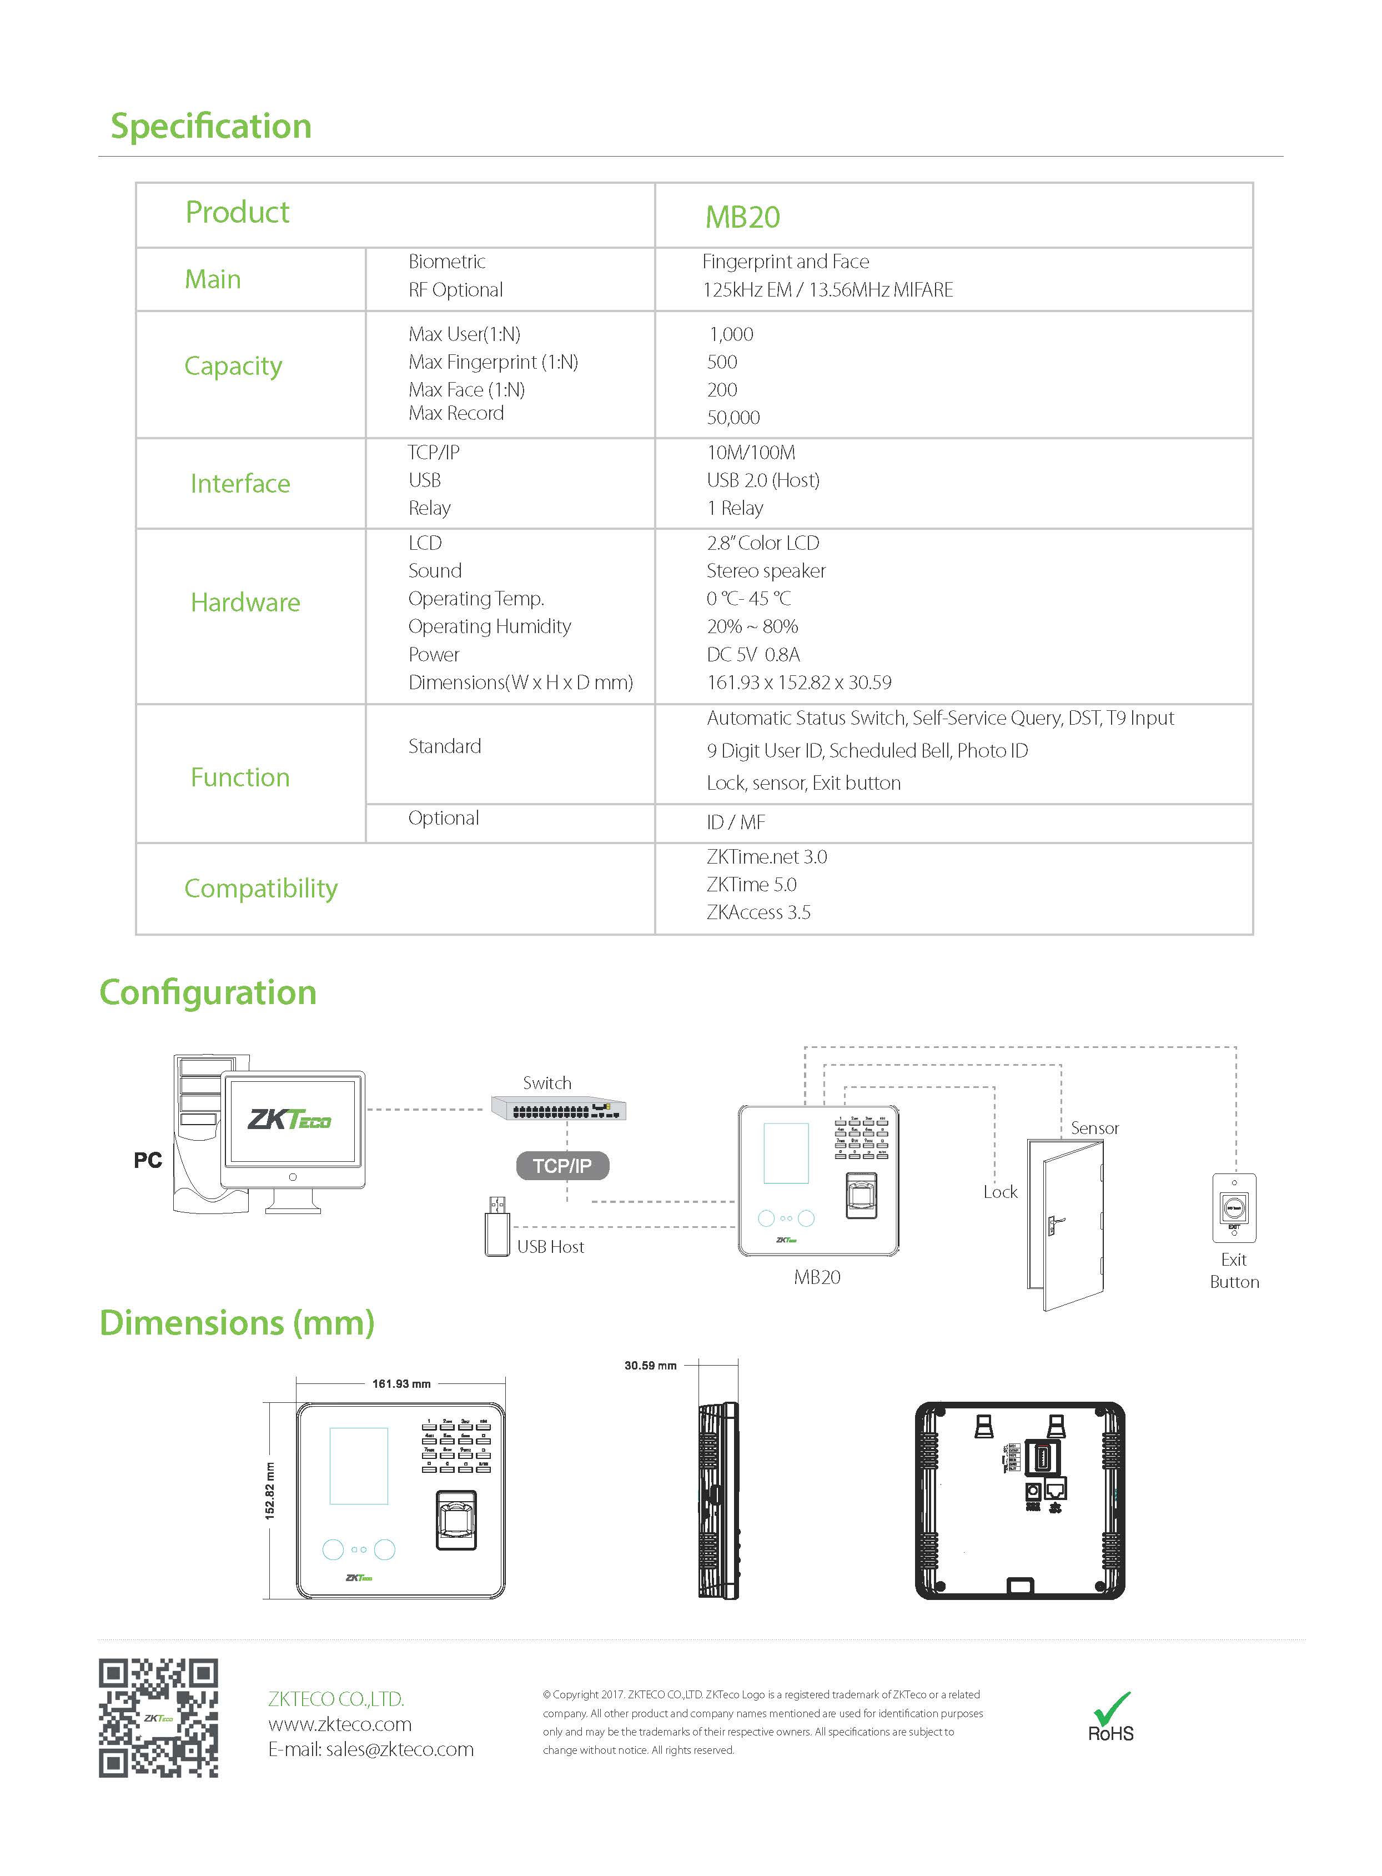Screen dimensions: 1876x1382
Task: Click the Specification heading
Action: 211,127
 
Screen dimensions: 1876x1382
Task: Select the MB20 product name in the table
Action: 742,217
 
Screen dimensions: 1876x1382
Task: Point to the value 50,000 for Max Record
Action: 733,418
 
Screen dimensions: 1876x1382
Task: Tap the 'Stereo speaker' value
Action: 766,571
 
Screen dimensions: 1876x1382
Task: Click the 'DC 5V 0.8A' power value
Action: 753,654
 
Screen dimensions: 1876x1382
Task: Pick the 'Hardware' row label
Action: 245,603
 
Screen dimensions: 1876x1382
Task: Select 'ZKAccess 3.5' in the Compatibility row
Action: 758,912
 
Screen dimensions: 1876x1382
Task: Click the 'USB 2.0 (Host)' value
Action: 763,480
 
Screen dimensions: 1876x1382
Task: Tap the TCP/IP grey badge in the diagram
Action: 562,1166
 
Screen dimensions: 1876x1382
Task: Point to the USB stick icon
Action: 497,1227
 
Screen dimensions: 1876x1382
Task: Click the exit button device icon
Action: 1234,1208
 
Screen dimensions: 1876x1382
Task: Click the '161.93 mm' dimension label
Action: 401,1384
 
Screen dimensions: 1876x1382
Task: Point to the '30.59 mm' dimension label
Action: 650,1366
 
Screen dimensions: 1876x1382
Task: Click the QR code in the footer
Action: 159,1718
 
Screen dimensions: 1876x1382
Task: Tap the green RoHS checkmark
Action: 1113,1706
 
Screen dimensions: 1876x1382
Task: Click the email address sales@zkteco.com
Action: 370,1749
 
